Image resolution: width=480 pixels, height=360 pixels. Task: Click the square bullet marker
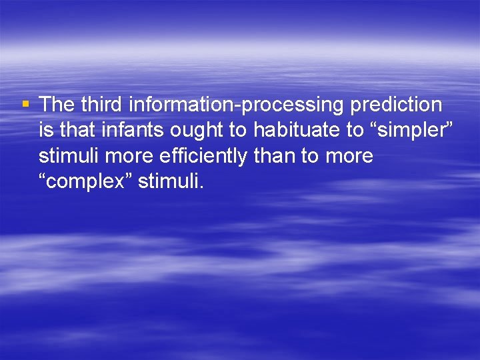[x=26, y=104]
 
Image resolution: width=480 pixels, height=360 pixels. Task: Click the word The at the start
[x=57, y=105]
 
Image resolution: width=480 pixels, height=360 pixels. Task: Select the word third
[x=103, y=105]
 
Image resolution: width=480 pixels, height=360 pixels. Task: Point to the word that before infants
[x=78, y=130]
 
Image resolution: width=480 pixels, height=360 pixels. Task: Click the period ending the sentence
[x=201, y=186]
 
